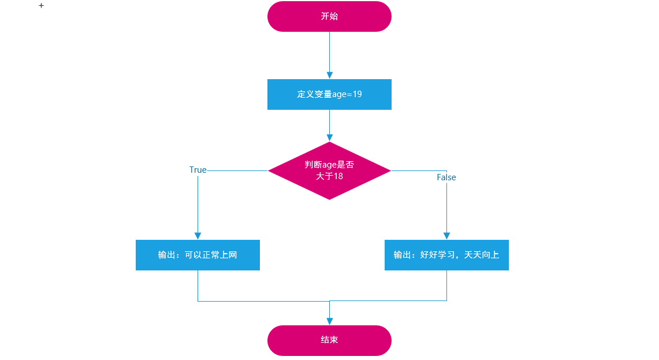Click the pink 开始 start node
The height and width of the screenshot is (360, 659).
(x=329, y=16)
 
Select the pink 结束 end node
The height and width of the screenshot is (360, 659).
(x=329, y=340)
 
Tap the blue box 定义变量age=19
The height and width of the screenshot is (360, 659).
(x=329, y=94)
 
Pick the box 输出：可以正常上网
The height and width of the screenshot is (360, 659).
(x=198, y=255)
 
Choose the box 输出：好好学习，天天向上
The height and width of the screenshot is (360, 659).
(x=446, y=255)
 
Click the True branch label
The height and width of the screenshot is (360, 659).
(x=198, y=170)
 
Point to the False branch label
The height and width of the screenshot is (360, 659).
(x=446, y=177)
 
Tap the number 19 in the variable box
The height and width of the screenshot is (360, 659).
(x=357, y=94)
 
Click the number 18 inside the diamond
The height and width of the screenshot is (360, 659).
(x=338, y=176)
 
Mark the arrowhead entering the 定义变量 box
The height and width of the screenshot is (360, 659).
(x=329, y=75)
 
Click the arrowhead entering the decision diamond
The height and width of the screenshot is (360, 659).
(x=329, y=138)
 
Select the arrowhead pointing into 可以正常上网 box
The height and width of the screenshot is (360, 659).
(x=198, y=236)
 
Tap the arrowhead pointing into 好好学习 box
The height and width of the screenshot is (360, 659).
(x=446, y=236)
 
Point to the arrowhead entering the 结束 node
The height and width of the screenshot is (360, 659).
(x=329, y=321)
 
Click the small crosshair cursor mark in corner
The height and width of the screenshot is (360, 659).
(x=41, y=5)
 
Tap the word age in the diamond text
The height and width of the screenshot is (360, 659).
(x=329, y=165)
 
